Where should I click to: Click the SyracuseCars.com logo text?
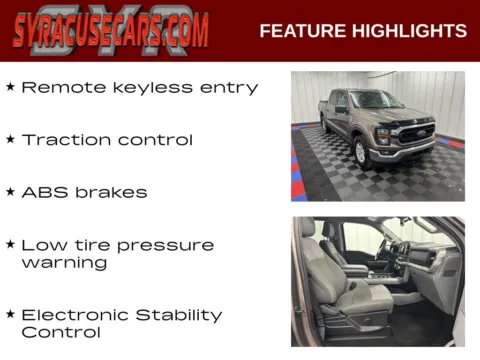(x=111, y=31)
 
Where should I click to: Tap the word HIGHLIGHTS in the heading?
(x=409, y=31)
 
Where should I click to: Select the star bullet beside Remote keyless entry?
(x=10, y=87)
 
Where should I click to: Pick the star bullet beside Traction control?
(x=10, y=139)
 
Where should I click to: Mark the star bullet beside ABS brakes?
(x=10, y=191)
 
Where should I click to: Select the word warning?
(x=64, y=263)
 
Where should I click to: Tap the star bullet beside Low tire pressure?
(x=10, y=244)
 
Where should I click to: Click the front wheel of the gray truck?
(x=362, y=151)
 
